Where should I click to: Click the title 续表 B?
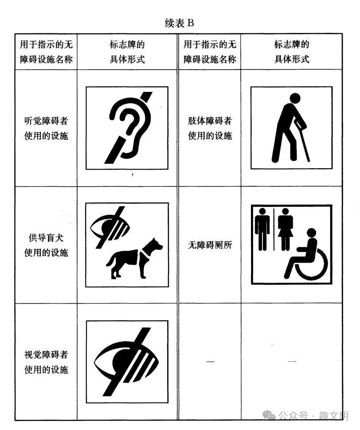click(180, 24)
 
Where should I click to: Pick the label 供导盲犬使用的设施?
click(46, 245)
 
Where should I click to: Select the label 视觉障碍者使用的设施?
click(46, 362)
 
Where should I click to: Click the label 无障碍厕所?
click(210, 245)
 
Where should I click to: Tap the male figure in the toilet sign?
click(263, 229)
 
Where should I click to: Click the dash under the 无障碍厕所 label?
click(210, 362)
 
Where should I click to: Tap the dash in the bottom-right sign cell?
click(292, 362)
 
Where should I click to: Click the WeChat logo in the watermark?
click(269, 415)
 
